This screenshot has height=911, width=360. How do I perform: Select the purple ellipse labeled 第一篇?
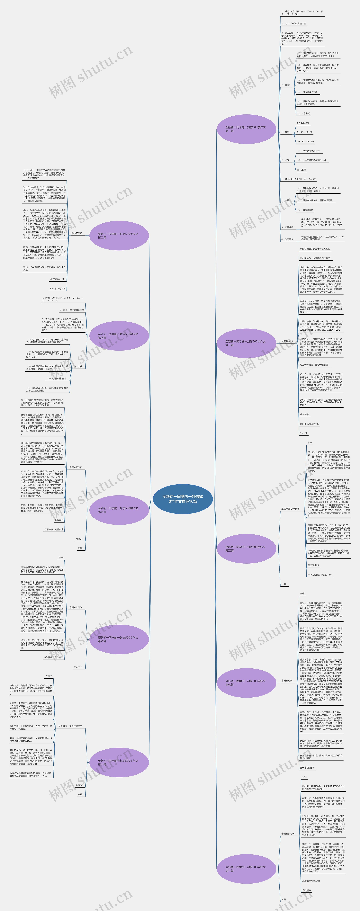click(x=246, y=129)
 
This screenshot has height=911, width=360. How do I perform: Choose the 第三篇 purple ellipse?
click(x=246, y=343)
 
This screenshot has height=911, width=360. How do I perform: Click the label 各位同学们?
click(x=77, y=233)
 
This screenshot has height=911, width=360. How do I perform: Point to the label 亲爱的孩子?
click(x=287, y=341)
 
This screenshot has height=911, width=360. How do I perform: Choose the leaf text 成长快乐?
click(x=304, y=415)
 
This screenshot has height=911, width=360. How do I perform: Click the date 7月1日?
click(x=303, y=433)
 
